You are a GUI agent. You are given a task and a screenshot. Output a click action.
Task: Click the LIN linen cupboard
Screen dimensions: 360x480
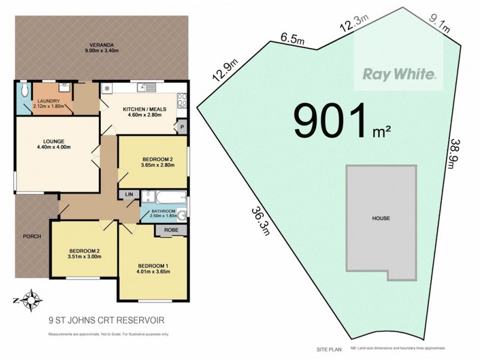pos(129,194)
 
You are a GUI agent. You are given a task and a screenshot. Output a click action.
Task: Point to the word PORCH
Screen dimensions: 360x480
pos(32,236)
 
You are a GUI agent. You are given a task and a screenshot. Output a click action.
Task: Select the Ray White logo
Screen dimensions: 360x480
pos(398,75)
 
